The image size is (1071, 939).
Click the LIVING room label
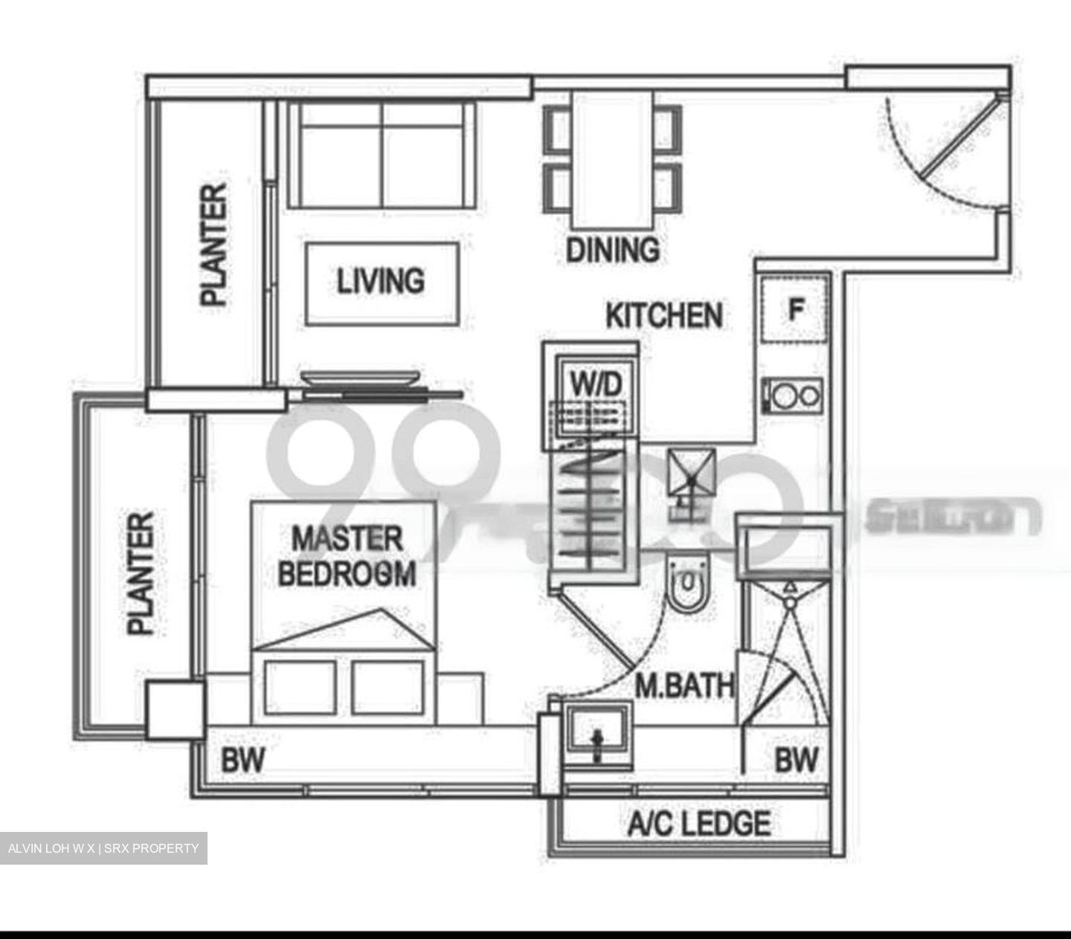381,281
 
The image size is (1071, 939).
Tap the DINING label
612,250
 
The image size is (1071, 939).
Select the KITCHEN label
663,315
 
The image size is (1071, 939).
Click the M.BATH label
684,685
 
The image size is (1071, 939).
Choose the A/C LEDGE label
699,824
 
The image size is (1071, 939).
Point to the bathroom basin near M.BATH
597,736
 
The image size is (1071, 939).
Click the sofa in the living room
383,154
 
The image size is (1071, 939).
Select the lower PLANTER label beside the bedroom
141,572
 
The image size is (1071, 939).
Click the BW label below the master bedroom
242,761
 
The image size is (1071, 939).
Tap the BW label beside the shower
796,761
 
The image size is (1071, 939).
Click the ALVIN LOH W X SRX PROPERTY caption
103,848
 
